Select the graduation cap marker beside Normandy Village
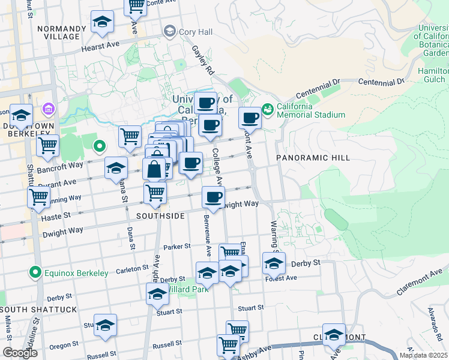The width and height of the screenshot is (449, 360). [103, 22]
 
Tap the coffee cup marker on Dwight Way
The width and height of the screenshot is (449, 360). [212, 197]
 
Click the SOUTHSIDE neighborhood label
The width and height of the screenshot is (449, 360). [160, 216]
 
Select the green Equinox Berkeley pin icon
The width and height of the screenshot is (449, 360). [36, 273]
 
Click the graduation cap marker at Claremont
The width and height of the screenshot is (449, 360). [334, 335]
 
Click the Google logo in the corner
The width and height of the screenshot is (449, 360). [20, 353]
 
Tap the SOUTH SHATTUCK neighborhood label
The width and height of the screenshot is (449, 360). [39, 310]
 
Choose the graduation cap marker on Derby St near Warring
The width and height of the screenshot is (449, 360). [274, 263]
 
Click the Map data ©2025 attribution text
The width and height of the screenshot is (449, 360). [423, 355]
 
